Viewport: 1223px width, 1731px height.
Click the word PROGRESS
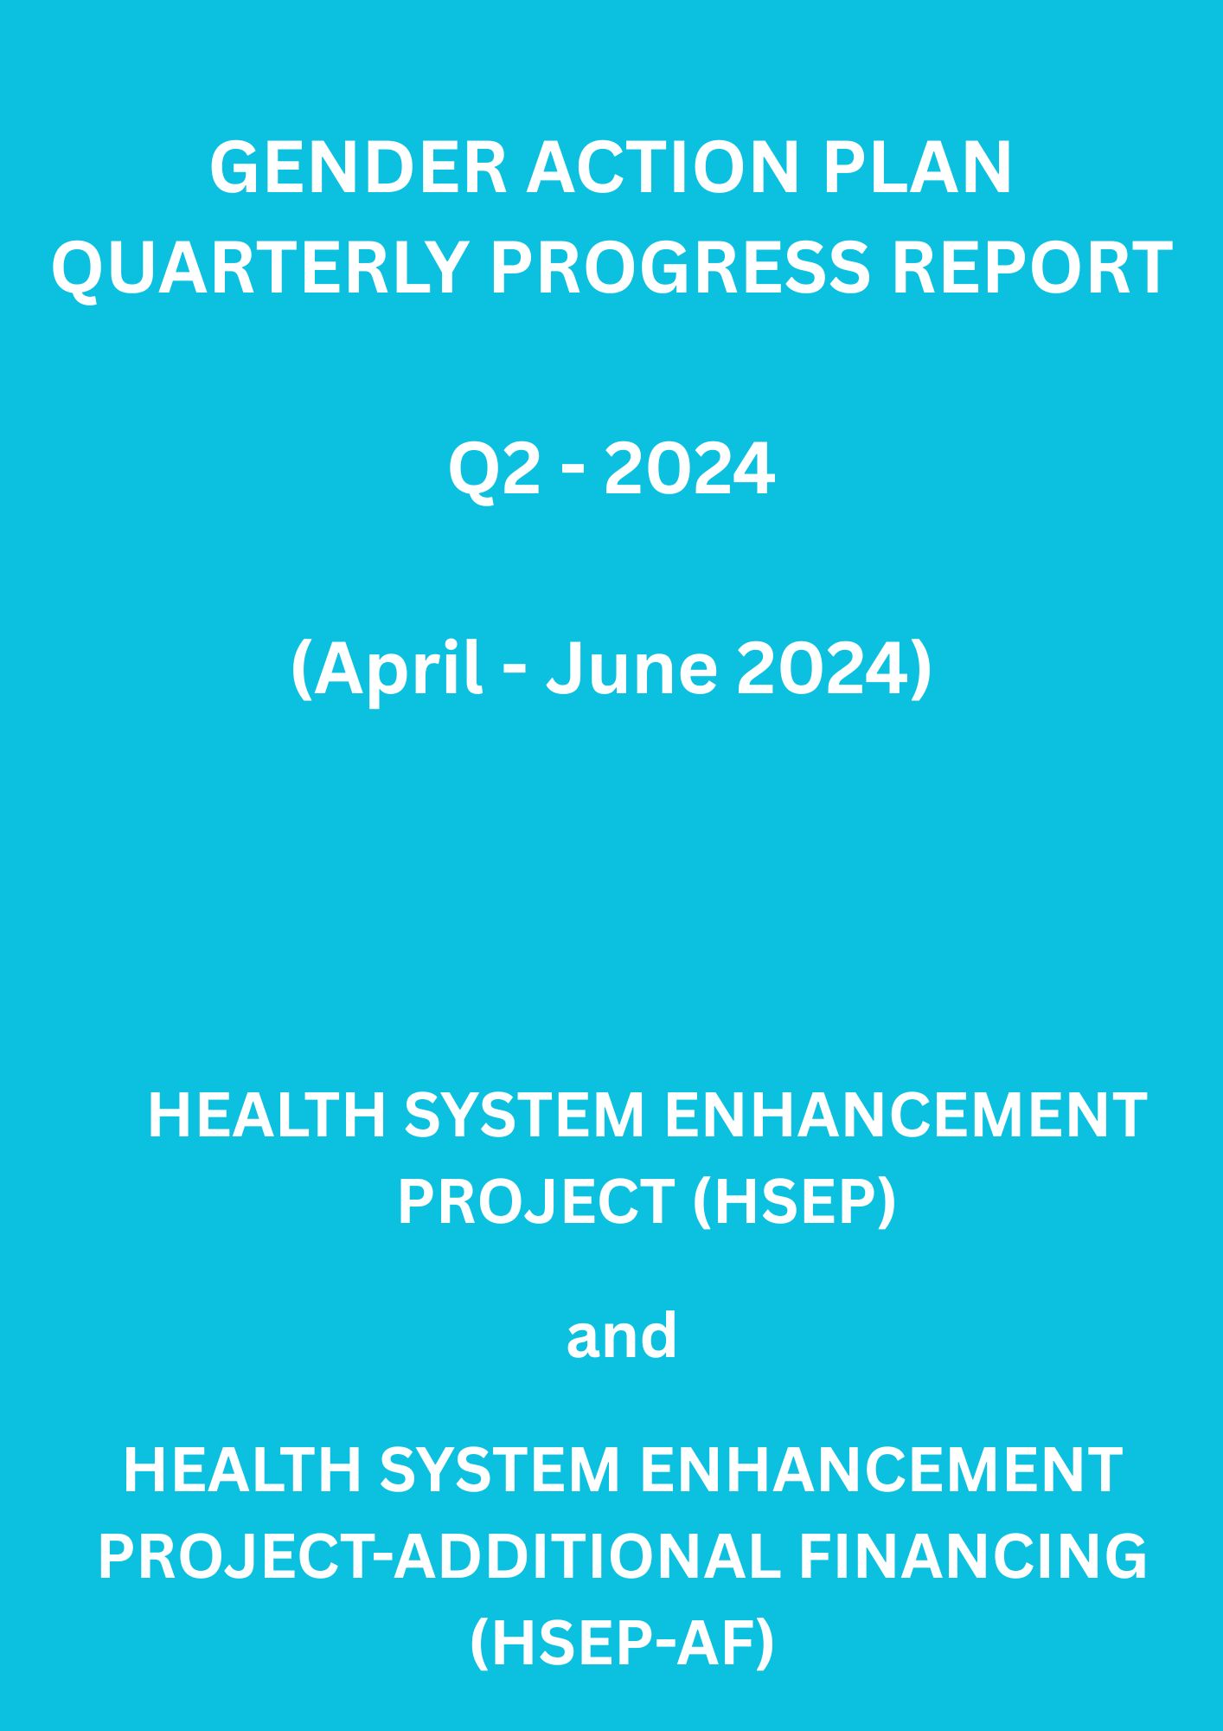(x=679, y=267)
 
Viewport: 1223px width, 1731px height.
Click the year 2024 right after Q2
(x=688, y=470)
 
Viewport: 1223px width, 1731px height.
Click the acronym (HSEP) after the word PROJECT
(x=794, y=1201)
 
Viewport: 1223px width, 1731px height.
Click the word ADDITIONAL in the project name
(x=587, y=1556)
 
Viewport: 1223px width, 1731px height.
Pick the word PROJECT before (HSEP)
(x=535, y=1201)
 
